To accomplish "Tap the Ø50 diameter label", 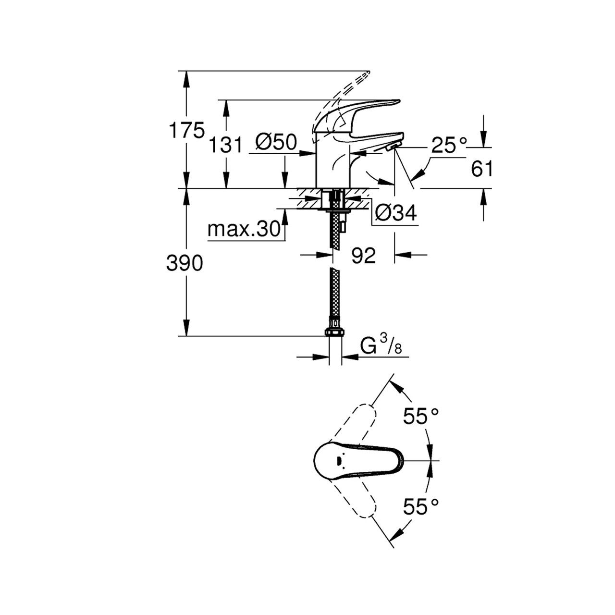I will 276,142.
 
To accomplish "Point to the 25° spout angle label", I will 449,145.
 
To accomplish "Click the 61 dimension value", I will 482,169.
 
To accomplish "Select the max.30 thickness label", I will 244,230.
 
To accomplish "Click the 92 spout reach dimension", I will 363,256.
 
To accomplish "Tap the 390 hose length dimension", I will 185,263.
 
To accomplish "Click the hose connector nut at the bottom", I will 334,332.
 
